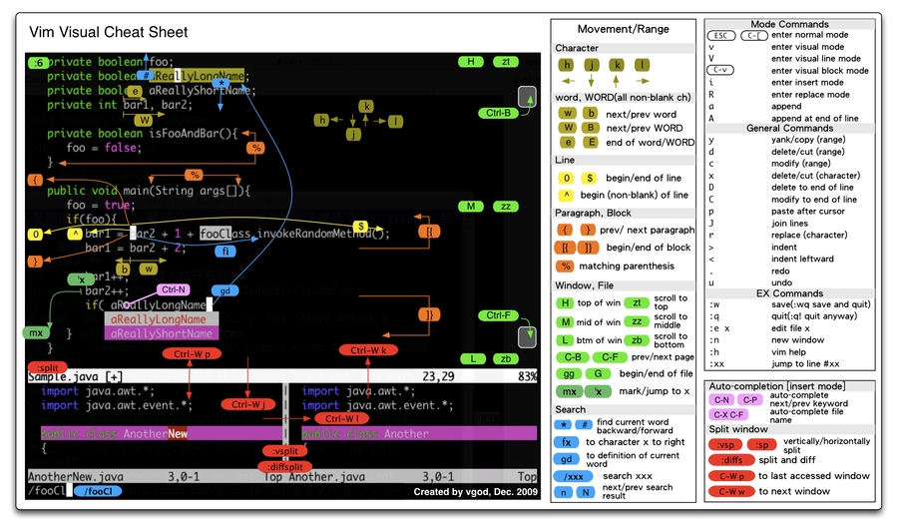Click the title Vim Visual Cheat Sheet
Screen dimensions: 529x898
pyautogui.click(x=108, y=32)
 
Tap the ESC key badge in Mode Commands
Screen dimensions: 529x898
pyautogui.click(x=721, y=35)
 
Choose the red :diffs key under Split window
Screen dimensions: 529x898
pyautogui.click(x=730, y=460)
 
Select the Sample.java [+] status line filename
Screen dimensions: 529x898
pyautogui.click(x=75, y=376)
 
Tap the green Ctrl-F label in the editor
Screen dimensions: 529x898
pyautogui.click(x=495, y=315)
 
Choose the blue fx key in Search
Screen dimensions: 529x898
pyautogui.click(x=567, y=442)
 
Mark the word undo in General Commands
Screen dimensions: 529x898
pyautogui.click(x=781, y=282)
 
